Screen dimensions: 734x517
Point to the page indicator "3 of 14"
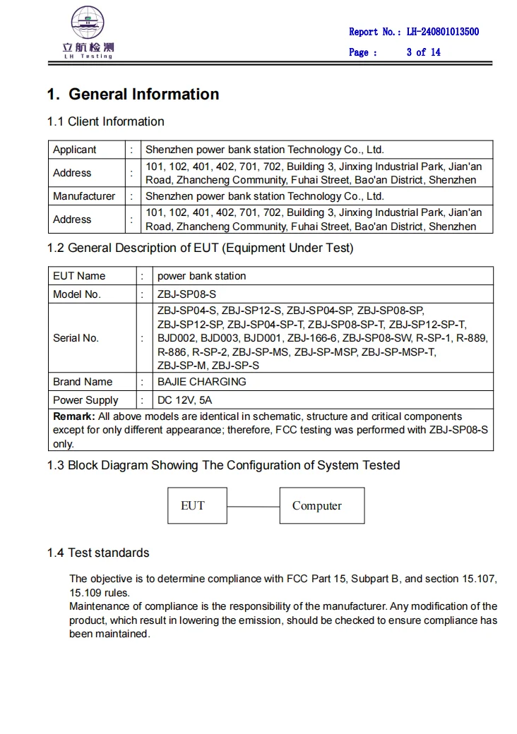coord(423,52)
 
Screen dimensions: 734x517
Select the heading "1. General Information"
coord(133,95)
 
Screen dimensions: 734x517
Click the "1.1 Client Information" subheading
coord(105,121)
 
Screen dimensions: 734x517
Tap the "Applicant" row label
coord(75,150)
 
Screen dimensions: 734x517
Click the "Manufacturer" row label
coord(84,196)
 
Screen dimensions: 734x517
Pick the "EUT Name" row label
coord(79,276)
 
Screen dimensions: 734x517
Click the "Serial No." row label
coord(76,338)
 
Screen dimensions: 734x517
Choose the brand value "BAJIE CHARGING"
coord(202,382)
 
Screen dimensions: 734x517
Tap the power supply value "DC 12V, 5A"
coord(184,400)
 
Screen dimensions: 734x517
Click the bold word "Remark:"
coord(74,416)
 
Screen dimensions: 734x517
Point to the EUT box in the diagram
coord(193,505)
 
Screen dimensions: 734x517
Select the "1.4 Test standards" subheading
coord(98,553)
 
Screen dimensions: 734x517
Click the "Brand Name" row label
coord(83,382)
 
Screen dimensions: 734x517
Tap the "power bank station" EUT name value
coord(202,276)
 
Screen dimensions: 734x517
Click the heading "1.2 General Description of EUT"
coord(200,248)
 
